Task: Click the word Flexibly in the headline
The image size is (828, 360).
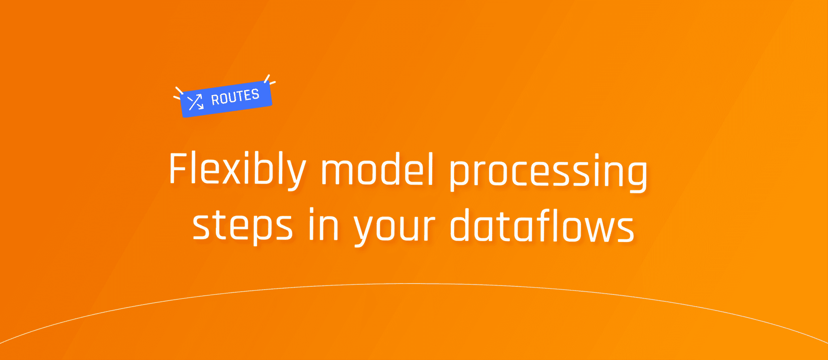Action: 237,170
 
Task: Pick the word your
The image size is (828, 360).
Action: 395,227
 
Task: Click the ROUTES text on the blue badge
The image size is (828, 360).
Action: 235,97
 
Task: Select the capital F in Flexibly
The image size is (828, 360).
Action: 178,168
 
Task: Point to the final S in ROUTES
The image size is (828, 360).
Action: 255,94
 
